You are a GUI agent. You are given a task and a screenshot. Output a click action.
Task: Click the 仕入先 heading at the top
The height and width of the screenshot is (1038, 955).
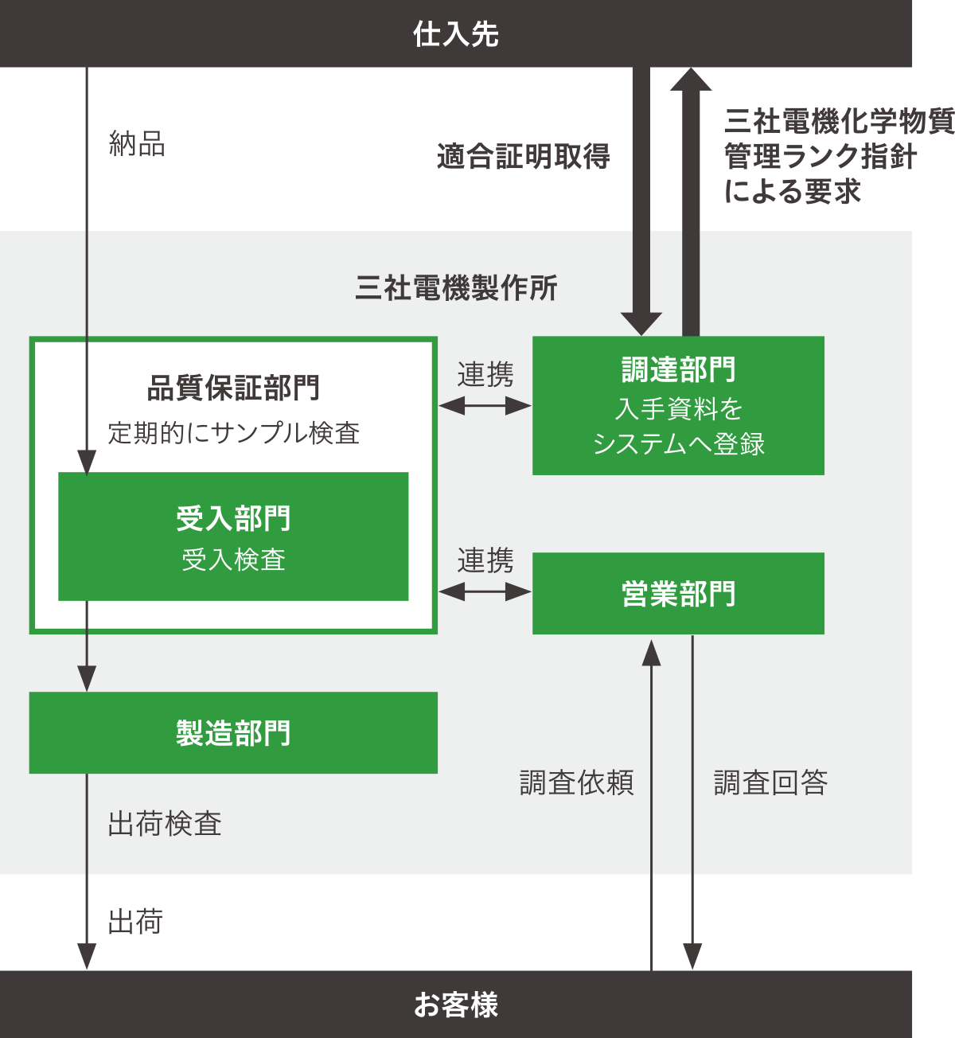click(456, 34)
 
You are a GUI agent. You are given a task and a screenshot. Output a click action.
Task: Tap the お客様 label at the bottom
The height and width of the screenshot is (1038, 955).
click(456, 1005)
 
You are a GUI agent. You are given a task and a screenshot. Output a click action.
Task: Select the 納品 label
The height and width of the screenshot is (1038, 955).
click(137, 144)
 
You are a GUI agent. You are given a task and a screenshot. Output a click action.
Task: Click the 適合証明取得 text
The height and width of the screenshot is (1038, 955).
click(524, 156)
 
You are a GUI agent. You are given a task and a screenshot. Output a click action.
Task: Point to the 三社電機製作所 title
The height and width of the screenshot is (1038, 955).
click(456, 287)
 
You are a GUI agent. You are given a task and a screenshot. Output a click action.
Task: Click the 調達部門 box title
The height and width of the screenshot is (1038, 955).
click(678, 370)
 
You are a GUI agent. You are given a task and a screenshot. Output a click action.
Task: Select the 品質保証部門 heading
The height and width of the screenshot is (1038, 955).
click(233, 388)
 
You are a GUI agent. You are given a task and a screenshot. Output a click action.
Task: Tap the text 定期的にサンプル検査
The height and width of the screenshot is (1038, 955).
click(233, 432)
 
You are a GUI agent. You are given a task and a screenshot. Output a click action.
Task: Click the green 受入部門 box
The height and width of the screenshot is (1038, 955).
click(233, 537)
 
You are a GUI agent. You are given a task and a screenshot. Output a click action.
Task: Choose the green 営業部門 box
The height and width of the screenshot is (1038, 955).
click(678, 594)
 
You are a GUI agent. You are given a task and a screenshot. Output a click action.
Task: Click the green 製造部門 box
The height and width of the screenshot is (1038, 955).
click(233, 732)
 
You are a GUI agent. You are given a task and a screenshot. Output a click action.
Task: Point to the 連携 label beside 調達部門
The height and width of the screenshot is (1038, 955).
click(485, 374)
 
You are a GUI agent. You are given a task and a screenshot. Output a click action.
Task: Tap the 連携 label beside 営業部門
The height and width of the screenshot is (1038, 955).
click(485, 560)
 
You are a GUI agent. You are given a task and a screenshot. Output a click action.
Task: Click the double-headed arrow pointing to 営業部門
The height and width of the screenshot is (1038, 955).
click(485, 591)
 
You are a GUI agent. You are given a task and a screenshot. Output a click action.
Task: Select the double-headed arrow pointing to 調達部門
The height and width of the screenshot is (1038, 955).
click(485, 406)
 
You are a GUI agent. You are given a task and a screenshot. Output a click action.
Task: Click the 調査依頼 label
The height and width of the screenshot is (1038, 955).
click(576, 782)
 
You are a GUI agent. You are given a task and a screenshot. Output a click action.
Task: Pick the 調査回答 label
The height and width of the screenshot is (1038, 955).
click(770, 782)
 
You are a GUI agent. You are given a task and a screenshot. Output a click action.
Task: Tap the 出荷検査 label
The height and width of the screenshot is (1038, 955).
click(165, 823)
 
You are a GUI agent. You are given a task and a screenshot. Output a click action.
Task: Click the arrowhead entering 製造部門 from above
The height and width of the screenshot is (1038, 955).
click(86, 678)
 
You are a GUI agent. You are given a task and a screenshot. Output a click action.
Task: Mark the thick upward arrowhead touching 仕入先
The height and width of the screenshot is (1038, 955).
click(690, 80)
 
